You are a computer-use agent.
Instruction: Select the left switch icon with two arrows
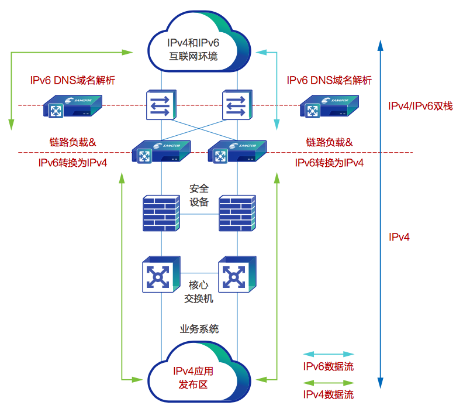(161, 105)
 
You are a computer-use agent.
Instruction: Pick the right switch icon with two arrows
(237, 105)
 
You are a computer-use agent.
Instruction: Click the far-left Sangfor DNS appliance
(72, 106)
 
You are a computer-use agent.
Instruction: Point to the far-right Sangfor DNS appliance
(329, 106)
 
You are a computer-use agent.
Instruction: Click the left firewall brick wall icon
(161, 213)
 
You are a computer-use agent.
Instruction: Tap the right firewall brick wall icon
(237, 213)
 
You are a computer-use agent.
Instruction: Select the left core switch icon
(161, 274)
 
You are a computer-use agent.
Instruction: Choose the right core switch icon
(237, 274)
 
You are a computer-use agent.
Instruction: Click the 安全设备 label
(199, 195)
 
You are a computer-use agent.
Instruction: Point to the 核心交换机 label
(198, 291)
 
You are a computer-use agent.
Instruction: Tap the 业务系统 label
(199, 329)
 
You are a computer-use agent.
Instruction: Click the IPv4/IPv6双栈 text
(420, 106)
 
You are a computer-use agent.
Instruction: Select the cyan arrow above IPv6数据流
(329, 354)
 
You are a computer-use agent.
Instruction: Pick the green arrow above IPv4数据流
(329, 383)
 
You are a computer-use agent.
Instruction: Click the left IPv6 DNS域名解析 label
(72, 80)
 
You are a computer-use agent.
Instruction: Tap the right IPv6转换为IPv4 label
(329, 163)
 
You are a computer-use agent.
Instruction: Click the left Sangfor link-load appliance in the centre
(161, 152)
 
